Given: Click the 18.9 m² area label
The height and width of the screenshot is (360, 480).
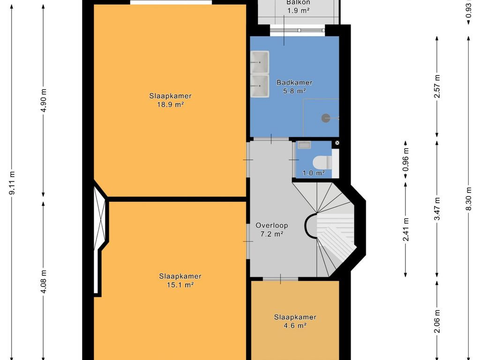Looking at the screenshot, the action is [x=170, y=105].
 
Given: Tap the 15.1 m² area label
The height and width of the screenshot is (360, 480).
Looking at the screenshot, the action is [x=180, y=285].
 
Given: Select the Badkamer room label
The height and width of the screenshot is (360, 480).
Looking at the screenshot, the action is [x=294, y=82].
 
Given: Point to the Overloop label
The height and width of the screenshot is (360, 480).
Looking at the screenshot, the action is [x=272, y=225].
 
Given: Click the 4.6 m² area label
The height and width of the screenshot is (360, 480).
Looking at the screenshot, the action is [x=295, y=325].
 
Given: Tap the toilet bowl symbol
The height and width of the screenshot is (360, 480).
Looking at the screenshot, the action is [x=322, y=162].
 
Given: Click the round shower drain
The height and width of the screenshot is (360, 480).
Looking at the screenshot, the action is [x=326, y=118].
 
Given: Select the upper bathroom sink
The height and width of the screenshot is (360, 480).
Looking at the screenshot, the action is [x=260, y=62].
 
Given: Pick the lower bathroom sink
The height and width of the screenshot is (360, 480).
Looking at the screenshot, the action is [x=260, y=86].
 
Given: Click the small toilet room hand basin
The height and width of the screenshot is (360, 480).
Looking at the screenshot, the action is [x=304, y=145].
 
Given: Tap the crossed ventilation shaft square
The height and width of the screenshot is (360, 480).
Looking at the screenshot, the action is [x=337, y=142].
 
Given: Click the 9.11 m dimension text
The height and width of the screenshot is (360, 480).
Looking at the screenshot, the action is [x=12, y=183].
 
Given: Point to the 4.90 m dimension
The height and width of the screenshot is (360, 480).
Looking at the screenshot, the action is [x=44, y=100].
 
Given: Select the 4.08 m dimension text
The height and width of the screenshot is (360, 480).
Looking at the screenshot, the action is [x=44, y=281].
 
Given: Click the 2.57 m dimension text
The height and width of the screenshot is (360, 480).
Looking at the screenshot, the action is [x=437, y=86].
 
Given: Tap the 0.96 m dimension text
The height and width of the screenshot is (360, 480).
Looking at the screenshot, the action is [x=405, y=160].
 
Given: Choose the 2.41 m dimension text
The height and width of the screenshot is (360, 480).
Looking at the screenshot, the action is [x=405, y=230].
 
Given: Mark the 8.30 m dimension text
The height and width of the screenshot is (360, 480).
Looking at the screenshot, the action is [x=468, y=198].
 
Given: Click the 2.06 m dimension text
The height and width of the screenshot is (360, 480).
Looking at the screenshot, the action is [x=437, y=321].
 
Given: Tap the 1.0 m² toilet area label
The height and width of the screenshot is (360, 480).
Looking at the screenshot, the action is [x=314, y=173].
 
